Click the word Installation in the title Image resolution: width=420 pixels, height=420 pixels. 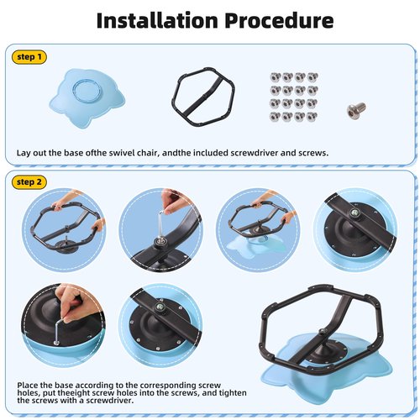[x=157, y=20]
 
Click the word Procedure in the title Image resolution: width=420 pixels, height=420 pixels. [x=279, y=21]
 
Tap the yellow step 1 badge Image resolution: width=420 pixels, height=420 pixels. [x=29, y=57]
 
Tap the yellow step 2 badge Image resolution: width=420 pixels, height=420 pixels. [x=29, y=182]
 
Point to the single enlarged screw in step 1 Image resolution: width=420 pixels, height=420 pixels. [x=356, y=110]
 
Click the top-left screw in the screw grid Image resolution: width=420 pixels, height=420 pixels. [x=276, y=76]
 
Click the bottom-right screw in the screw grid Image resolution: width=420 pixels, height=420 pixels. [x=312, y=116]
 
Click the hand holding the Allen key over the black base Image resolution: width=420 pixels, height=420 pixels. [x=70, y=301]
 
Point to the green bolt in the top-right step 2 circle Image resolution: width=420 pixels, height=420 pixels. [x=354, y=212]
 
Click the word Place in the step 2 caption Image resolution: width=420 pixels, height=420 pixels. [x=28, y=386]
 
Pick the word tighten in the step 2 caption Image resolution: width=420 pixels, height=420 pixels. [x=233, y=393]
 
